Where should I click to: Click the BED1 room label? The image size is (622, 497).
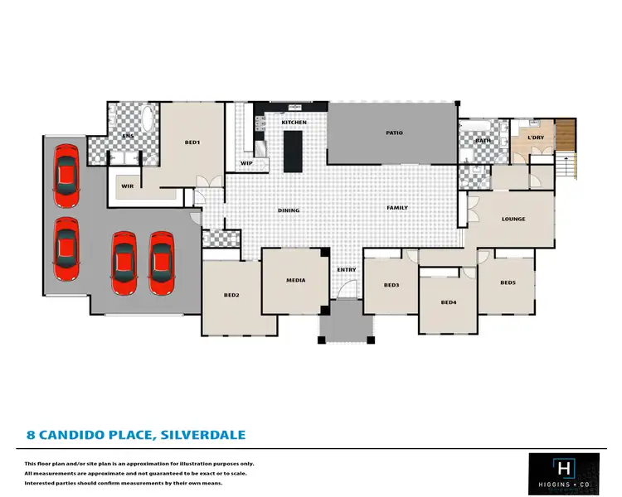pos(192,142)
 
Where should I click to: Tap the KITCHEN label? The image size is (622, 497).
pos(294,123)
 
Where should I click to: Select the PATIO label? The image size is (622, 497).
pos(394,133)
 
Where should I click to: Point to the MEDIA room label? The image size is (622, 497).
pos(296,280)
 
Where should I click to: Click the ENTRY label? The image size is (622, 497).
pos(346,270)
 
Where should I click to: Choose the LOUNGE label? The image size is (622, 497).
pos(513,219)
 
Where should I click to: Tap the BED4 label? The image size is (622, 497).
pos(449,302)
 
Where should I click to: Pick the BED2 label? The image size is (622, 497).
pos(231,295)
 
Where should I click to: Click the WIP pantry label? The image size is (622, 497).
pos(246,163)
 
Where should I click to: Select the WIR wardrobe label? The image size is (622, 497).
pos(128,186)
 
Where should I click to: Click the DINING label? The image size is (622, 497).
pos(289,210)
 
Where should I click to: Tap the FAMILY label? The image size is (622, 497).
pos(397,207)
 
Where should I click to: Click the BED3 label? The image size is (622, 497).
pos(391,285)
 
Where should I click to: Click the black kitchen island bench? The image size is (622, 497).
pos(294,151)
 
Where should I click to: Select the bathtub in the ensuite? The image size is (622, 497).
pos(148,119)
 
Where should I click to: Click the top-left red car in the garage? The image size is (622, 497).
pos(66,177)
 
